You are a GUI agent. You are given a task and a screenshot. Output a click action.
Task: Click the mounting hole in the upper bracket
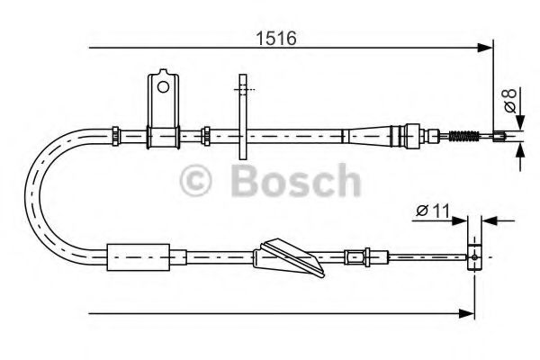point(162,86)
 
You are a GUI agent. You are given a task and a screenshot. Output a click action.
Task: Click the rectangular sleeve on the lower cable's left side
point(138,256)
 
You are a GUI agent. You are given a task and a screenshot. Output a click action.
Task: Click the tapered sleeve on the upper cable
point(369,136)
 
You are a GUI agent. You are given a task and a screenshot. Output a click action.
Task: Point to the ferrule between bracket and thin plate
point(207,135)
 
